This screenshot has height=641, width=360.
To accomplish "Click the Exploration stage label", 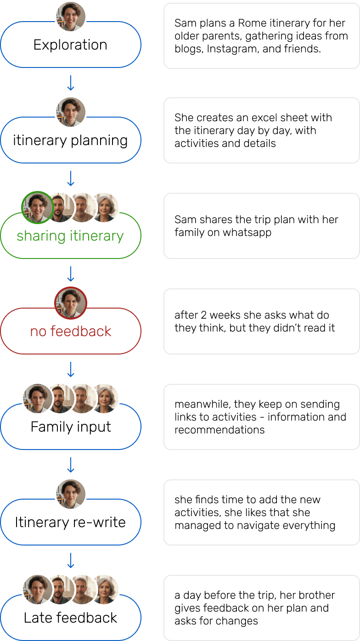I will pos(70,45).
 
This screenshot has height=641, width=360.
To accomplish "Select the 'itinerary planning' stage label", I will pos(70,141).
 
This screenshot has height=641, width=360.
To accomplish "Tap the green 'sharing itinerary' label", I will pos(70,236).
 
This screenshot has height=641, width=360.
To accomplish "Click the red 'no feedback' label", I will pos(70,332).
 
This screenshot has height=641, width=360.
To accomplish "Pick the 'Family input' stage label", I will pos(70,427).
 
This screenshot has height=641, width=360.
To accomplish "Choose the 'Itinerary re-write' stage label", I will pos(70,523).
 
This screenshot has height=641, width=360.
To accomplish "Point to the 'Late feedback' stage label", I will pos(70,618).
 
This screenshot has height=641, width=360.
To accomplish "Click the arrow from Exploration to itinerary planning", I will pos(71,83).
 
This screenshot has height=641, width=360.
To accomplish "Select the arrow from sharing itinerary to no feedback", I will pos(71,274).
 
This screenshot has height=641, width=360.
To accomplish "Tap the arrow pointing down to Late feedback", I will pos(71,560).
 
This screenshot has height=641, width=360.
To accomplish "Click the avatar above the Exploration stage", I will pos(71,17).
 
